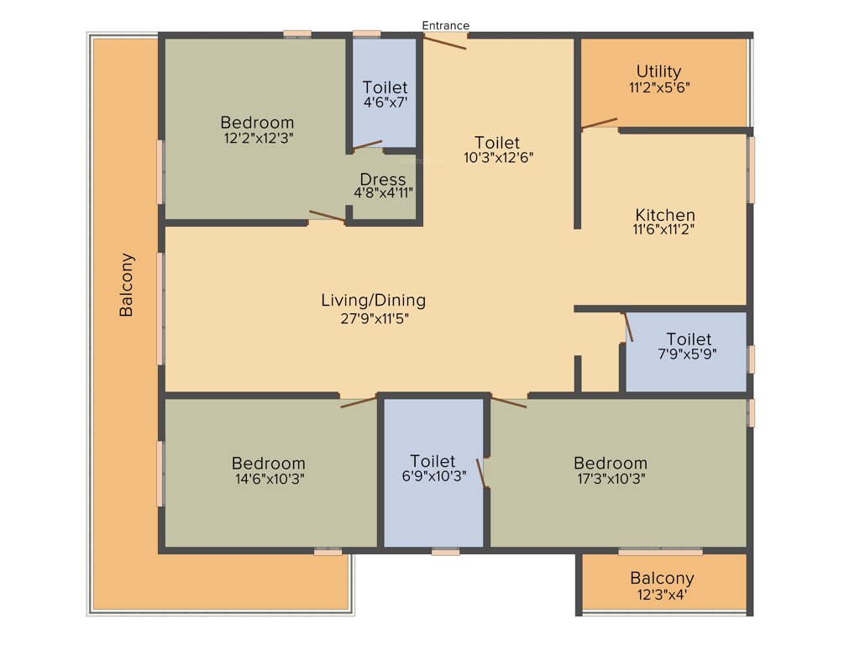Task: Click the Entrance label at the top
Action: (445, 25)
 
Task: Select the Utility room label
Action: (658, 71)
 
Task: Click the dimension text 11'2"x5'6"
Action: (658, 87)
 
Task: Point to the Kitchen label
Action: (664, 214)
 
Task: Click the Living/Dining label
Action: (373, 300)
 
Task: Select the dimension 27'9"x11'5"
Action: (373, 317)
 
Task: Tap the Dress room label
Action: (383, 179)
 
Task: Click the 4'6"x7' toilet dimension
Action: (385, 102)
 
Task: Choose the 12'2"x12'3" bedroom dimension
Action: (257, 137)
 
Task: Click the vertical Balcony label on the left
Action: (126, 285)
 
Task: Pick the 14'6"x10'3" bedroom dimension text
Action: (269, 479)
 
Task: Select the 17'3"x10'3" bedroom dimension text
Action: (611, 479)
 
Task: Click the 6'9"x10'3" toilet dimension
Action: (433, 476)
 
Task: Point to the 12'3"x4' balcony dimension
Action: (662, 594)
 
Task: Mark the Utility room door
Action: (599, 124)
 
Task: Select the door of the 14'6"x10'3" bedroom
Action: (359, 401)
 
